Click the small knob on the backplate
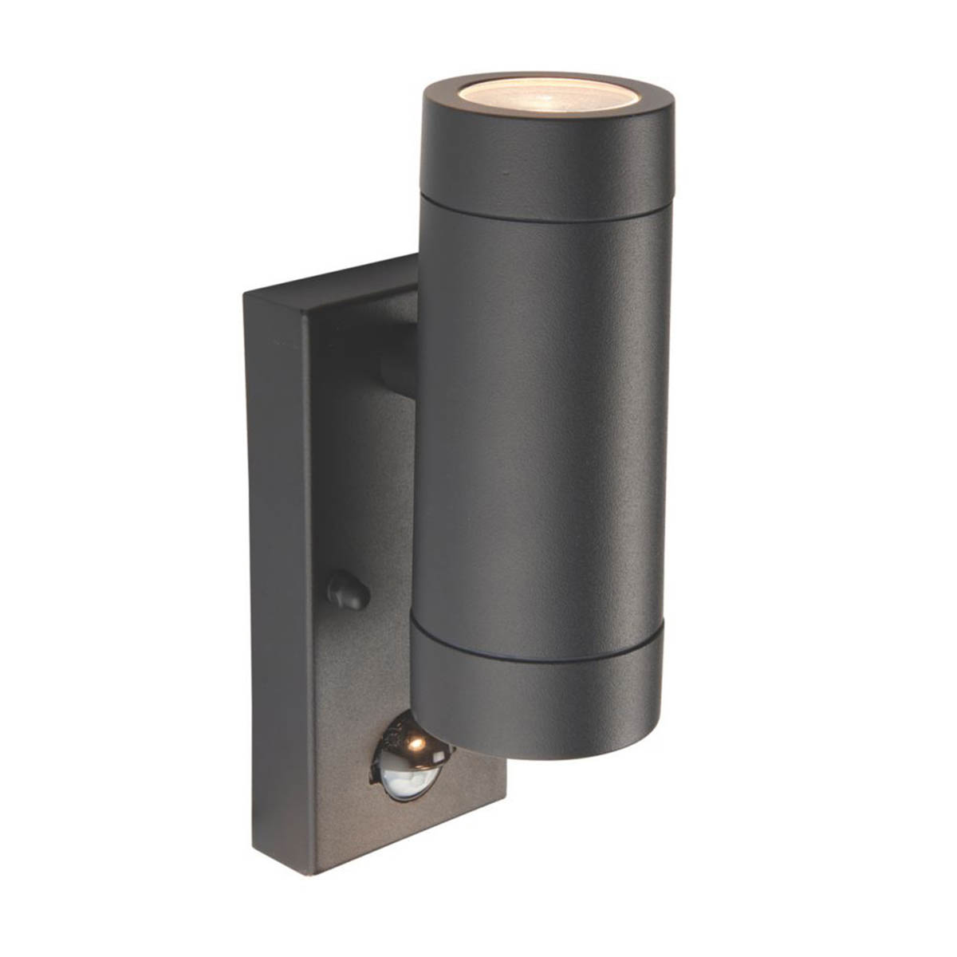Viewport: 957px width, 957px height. click(x=349, y=591)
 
